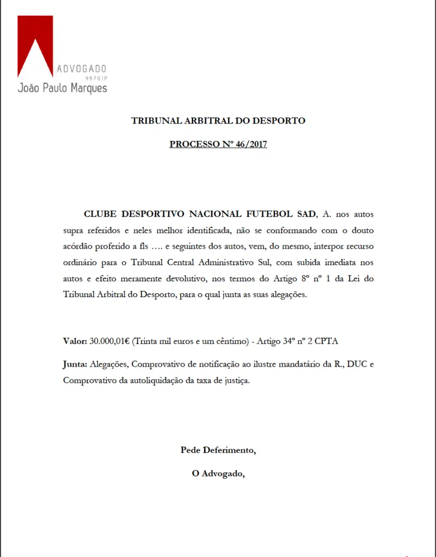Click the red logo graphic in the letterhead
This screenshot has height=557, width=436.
pos(35,46)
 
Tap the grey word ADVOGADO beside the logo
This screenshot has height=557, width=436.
pos(82,69)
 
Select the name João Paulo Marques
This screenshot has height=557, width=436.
pos(62,88)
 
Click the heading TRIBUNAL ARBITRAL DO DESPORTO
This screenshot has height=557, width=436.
pos(218,121)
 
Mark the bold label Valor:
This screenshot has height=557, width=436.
pos(75,341)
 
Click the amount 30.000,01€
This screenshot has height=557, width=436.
pos(110,341)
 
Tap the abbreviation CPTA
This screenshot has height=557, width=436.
pos(325,341)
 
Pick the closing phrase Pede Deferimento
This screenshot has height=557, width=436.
pos(218,450)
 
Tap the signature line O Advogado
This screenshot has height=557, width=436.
pos(218,474)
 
